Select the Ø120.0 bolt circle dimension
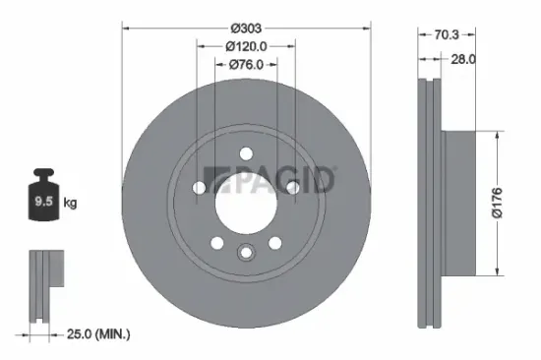pos(244,46)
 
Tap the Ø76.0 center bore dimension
pos(244,66)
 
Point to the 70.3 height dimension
pos(447,33)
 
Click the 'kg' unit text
pos(70,204)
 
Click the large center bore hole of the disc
pos(244,202)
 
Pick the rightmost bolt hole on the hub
pos(292,187)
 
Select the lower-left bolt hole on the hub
pos(215,242)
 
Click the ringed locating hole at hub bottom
pos(244,254)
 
